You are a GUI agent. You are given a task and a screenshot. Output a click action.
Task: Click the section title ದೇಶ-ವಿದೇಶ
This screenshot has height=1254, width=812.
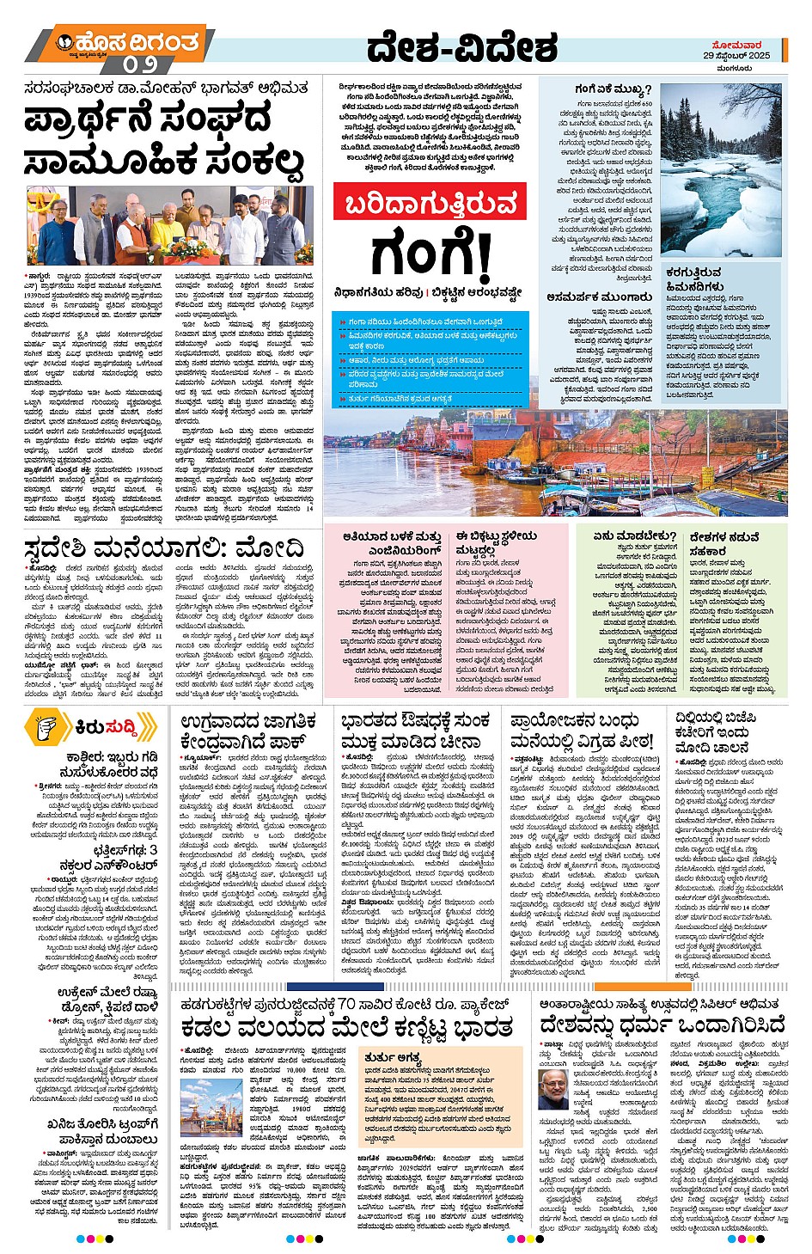[461, 49]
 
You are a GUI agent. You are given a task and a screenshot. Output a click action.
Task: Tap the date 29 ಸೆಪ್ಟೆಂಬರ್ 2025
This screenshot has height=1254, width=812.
[736, 55]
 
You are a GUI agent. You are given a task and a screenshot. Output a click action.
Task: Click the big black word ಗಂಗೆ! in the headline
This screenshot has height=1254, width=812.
[430, 254]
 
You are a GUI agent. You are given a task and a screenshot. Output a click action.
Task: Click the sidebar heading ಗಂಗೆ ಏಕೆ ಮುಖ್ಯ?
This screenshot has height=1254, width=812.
[613, 89]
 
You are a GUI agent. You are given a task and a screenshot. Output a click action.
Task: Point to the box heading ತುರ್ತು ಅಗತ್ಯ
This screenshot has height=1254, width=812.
[392, 1057]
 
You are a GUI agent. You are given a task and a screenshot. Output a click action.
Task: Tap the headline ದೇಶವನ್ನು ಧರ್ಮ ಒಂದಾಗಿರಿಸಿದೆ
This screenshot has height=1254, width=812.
[662, 1025]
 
